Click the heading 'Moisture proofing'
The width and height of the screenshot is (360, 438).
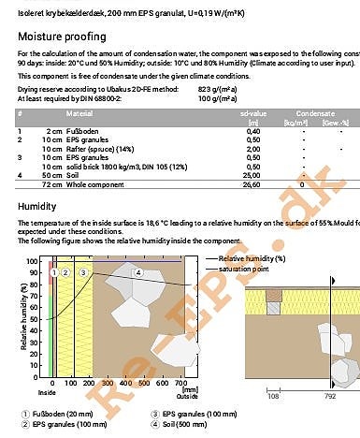coord(57,36)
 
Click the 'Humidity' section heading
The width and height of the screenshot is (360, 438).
coord(36,206)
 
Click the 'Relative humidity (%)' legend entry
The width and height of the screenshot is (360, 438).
coord(252,257)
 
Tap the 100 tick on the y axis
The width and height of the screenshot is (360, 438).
coord(34,262)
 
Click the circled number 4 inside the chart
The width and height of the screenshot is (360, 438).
coord(137,272)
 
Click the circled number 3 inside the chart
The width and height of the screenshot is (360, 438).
coord(83,272)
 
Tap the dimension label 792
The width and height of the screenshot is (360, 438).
coord(328,397)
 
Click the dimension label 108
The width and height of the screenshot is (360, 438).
coord(274,397)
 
